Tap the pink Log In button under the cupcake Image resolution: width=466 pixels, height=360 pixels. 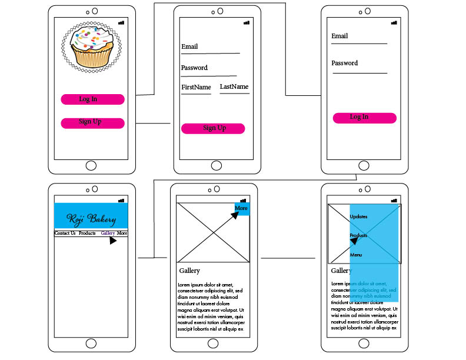click(92, 99)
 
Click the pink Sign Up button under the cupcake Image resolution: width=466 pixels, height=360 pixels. click(92, 123)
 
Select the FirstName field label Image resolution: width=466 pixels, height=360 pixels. click(196, 88)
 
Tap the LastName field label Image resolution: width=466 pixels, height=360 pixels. click(234, 87)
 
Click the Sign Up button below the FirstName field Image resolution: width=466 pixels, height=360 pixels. click(212, 128)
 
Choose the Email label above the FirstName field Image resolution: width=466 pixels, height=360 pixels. click(189, 46)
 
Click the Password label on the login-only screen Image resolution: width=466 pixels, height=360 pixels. click(344, 63)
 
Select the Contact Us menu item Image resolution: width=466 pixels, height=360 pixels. click(65, 234)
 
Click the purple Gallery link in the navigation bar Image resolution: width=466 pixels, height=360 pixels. click(108, 234)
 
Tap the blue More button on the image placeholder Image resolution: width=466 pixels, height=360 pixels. click(241, 208)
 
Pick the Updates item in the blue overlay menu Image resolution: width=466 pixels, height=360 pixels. click(358, 216)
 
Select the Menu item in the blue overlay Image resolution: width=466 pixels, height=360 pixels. click(356, 255)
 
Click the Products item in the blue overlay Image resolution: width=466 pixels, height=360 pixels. click(358, 235)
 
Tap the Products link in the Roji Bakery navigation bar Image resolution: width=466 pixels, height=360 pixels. click(87, 234)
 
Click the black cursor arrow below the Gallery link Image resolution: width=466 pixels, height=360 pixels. click(112, 240)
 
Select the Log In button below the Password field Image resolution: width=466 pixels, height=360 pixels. click(359, 118)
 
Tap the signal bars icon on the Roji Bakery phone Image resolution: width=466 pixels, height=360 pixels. click(121, 201)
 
